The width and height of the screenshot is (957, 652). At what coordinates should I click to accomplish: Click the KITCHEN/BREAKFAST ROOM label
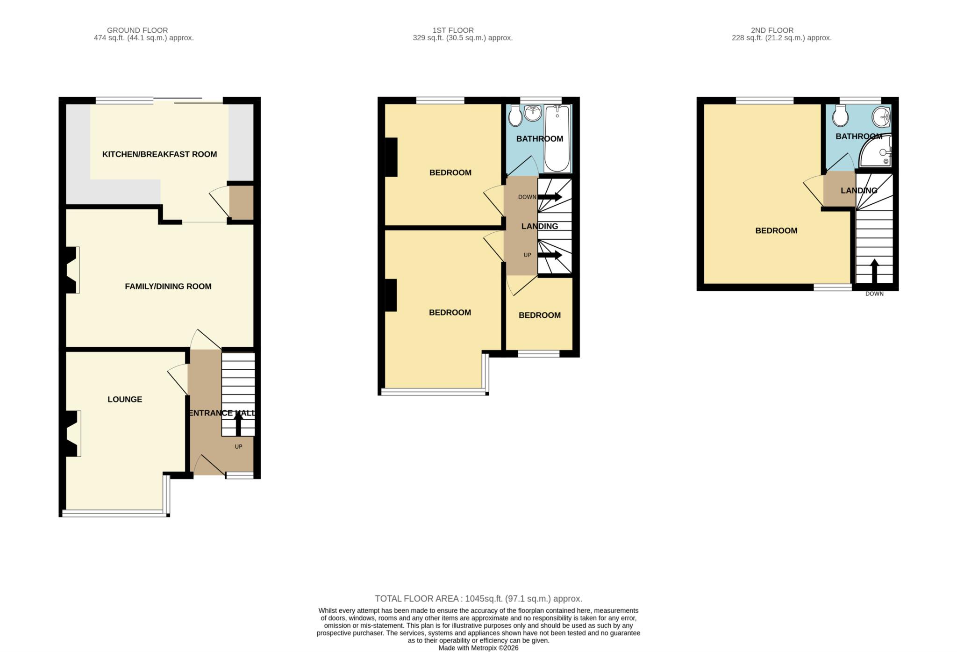pos(159,154)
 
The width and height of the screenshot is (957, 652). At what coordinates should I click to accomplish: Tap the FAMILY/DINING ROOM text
pos(168,287)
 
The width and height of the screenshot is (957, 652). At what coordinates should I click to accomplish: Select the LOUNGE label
pos(125,399)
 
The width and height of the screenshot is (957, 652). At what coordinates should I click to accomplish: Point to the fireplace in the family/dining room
pos(71,270)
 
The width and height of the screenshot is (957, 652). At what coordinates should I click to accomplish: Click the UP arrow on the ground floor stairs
pos(238,424)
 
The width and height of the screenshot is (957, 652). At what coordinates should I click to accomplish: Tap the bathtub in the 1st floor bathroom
pos(557,138)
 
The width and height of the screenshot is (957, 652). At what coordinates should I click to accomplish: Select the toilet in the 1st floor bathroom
pos(515,115)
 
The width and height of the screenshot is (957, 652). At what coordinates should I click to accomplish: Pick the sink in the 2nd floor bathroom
pos(882,115)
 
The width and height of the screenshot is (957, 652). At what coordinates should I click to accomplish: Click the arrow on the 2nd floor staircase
pos(874,271)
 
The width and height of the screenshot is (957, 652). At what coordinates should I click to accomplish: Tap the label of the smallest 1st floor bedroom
pos(539,315)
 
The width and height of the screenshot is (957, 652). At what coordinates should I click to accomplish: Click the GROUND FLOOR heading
pos(137,30)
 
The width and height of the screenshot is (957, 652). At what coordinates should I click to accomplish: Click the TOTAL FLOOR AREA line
pos(478,599)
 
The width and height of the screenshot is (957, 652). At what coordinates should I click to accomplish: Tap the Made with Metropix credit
pos(478,648)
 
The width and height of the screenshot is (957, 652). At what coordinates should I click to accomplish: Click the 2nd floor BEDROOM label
pos(776,231)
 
